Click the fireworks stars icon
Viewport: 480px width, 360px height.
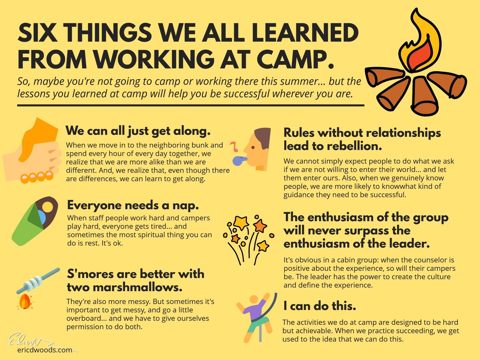click(x=246, y=238)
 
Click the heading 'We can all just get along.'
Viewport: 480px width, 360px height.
click(x=138, y=131)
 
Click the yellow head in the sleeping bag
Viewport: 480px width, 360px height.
click(x=47, y=207)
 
